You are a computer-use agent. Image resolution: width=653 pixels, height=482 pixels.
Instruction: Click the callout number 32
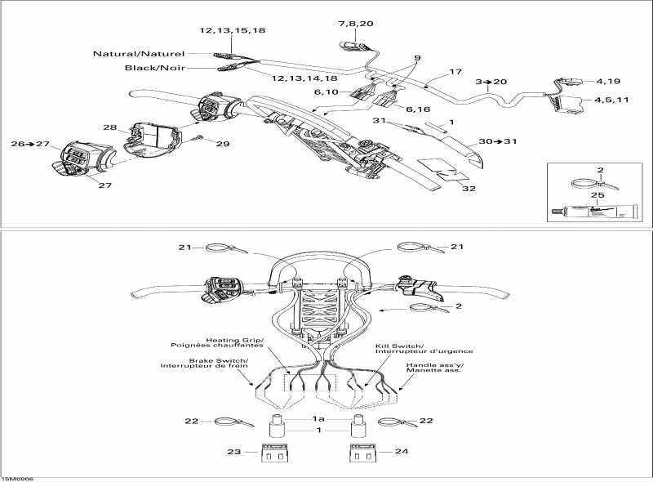pos(469,189)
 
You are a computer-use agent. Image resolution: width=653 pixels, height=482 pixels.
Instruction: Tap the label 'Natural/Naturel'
pos(139,54)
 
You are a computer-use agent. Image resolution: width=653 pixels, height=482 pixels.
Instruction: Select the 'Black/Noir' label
pos(155,68)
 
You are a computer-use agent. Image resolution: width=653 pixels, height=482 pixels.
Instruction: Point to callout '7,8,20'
pos(355,24)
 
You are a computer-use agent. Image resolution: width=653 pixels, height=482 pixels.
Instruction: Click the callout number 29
pos(223,144)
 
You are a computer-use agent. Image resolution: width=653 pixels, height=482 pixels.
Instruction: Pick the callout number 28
pos(110,127)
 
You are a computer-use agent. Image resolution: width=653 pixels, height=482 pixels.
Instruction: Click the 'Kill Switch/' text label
pos(400,346)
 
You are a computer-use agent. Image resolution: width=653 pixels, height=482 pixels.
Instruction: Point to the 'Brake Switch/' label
pos(218,360)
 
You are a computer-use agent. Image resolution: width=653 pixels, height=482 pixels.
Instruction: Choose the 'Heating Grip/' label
pos(235,340)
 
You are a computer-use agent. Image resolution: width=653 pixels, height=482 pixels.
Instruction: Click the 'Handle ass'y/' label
pos(435,365)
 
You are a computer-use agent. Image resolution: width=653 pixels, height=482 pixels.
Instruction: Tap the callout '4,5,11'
pos(611,100)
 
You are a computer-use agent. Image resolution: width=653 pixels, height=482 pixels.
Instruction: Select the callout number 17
pos(455,72)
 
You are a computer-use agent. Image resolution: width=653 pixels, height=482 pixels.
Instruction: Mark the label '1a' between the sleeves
pos(319,419)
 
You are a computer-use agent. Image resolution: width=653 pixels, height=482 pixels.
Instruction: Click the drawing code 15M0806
pos(17,480)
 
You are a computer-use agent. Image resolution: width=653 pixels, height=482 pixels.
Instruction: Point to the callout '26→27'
pos(30,144)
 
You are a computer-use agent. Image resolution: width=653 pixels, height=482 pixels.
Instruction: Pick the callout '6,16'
pos(418,109)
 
